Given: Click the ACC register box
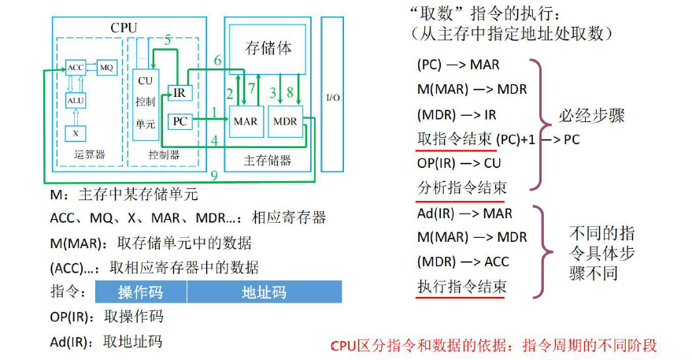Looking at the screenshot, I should [x=76, y=68].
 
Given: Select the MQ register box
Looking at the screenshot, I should [x=106, y=68].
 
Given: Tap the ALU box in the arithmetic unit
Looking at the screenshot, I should [x=76, y=100].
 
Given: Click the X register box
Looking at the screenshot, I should [x=76, y=133].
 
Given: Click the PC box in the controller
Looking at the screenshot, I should [x=181, y=121].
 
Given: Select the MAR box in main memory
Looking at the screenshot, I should [x=244, y=122].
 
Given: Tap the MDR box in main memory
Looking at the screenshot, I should [x=284, y=122].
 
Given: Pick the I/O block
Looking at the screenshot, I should [x=333, y=98].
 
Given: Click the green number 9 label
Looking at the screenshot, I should [x=213, y=176].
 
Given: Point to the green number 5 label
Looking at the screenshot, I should [x=167, y=40].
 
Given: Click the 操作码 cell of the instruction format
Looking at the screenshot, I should [x=140, y=292].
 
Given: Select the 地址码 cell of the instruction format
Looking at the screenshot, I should [x=264, y=292].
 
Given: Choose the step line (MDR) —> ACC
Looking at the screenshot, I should [x=463, y=262].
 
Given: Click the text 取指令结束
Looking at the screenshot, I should [x=455, y=139].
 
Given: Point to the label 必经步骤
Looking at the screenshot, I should [x=592, y=115].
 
